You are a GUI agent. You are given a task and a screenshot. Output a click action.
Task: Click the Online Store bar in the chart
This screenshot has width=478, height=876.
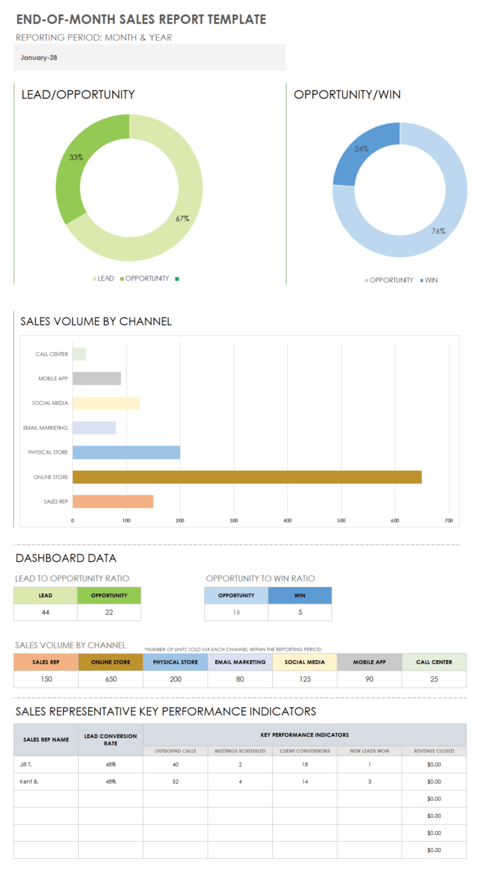tap(246, 477)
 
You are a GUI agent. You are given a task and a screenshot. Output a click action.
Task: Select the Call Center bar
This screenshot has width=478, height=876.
tap(79, 354)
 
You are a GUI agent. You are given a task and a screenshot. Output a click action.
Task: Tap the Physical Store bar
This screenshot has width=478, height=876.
tap(126, 452)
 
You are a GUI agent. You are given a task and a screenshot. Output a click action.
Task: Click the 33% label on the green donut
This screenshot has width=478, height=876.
tap(76, 157)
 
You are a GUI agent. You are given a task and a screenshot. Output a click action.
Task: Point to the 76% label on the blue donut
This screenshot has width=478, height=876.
tap(438, 231)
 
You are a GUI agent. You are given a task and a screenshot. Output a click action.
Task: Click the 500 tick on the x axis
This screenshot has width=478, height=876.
tap(341, 520)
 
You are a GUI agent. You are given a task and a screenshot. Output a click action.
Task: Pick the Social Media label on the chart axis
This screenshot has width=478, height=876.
tap(50, 403)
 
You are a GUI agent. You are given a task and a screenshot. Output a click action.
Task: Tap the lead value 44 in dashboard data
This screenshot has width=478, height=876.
tap(45, 613)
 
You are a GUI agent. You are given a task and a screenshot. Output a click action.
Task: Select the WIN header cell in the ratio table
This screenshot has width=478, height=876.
tap(299, 595)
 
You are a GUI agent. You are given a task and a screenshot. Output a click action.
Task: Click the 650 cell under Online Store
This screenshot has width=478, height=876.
tap(111, 679)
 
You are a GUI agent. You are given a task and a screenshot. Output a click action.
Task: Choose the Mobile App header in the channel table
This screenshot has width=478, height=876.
tap(369, 662)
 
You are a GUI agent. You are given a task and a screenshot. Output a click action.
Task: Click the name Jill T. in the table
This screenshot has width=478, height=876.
tap(27, 764)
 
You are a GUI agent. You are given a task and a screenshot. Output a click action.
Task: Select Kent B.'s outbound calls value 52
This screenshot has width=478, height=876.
tap(175, 781)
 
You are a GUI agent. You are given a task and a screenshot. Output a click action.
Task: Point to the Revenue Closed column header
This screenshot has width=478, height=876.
tap(434, 751)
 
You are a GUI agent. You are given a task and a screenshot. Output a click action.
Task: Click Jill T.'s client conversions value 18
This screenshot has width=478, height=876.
tap(305, 764)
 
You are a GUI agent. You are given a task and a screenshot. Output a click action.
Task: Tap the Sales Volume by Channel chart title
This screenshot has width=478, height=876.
tap(96, 322)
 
